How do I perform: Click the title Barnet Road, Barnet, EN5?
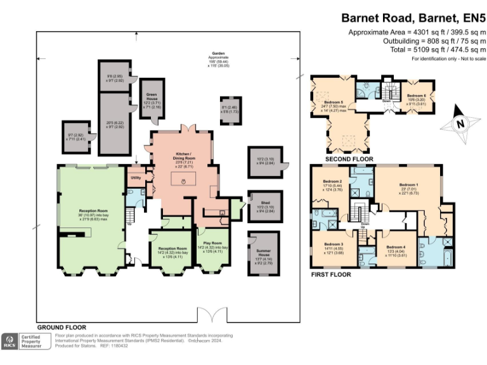(x=413, y=18)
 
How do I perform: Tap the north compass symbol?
(x=462, y=127)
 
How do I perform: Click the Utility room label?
(x=136, y=177)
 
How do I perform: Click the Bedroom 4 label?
(x=396, y=246)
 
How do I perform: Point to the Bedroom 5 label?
(x=334, y=102)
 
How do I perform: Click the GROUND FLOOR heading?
(x=62, y=327)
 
